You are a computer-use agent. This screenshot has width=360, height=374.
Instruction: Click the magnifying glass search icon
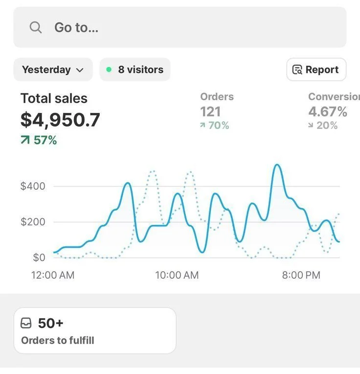[x=36, y=27]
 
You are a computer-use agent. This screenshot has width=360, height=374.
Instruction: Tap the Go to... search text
[x=76, y=27]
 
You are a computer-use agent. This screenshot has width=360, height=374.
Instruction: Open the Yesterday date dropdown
[x=53, y=69]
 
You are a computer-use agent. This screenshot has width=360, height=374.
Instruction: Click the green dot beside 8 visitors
[x=109, y=69]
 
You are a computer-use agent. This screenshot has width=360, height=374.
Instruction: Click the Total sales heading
[x=54, y=98]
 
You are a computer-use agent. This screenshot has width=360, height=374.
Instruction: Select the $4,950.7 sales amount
[x=60, y=120]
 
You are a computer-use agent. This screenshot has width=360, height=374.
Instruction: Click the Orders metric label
[x=217, y=97]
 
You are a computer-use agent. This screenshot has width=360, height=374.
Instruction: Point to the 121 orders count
[x=210, y=111]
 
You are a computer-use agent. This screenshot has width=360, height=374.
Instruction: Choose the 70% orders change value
[x=215, y=126]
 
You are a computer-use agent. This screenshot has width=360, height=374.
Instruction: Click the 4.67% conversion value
[x=328, y=111]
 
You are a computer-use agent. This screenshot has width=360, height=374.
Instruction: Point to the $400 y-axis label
[x=33, y=186]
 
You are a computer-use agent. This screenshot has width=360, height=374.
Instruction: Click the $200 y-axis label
[x=33, y=222]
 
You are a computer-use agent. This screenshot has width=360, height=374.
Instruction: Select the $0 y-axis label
[x=39, y=257]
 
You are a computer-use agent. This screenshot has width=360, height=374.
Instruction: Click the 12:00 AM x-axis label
[x=53, y=275]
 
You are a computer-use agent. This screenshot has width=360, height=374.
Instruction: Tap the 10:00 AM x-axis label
[x=177, y=275]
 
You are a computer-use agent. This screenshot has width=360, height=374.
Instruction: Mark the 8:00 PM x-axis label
[x=301, y=275]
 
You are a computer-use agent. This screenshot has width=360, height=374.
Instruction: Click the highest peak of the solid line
[x=277, y=165]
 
